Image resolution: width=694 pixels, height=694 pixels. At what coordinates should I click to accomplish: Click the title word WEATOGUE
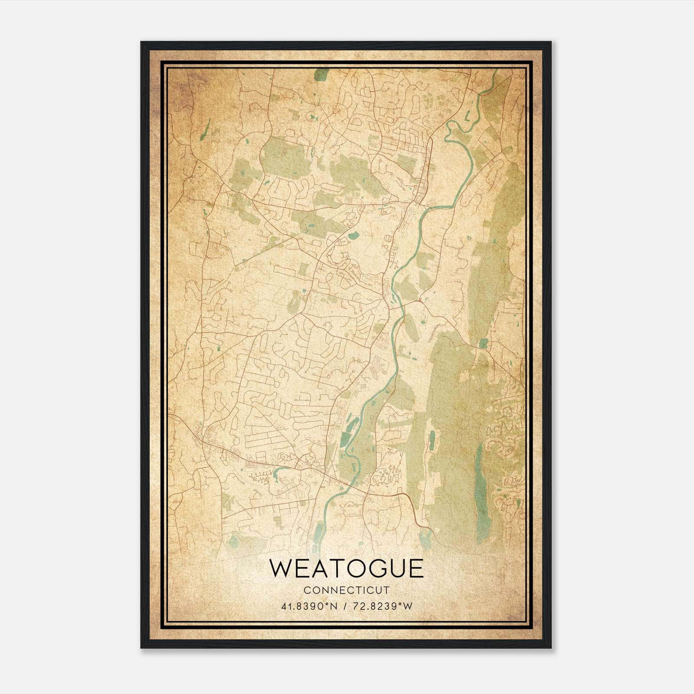tap(346, 569)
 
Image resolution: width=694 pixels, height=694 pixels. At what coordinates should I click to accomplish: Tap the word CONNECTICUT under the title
tap(346, 590)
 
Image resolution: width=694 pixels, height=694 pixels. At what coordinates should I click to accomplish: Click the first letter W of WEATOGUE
tap(281, 569)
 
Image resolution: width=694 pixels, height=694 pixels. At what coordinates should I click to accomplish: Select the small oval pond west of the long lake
tap(432, 440)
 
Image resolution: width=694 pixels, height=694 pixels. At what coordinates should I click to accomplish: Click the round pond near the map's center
tap(354, 236)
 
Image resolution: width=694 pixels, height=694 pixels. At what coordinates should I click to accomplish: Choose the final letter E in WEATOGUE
tap(416, 569)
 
